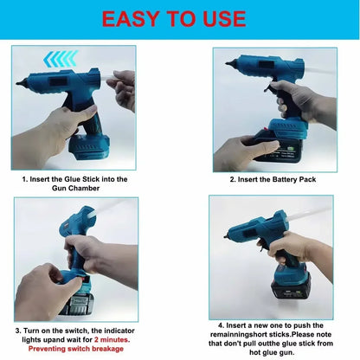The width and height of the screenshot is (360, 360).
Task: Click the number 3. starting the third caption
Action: [19, 330]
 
